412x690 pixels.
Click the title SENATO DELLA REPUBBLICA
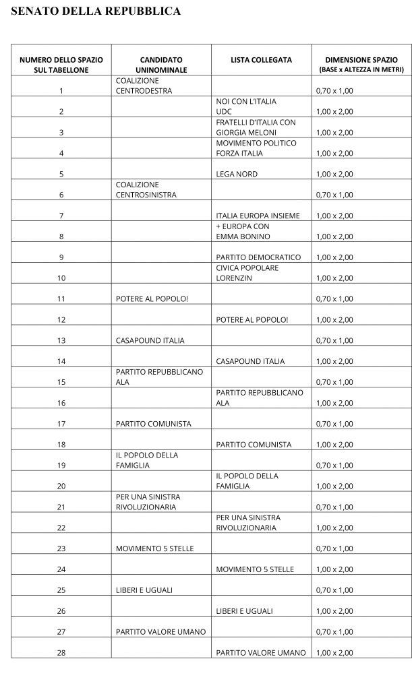(96, 11)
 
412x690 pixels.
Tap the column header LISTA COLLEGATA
(261, 60)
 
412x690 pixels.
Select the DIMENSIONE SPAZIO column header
(362, 64)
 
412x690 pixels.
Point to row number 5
(61, 174)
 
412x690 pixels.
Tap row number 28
(61, 652)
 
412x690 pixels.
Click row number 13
(61, 340)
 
